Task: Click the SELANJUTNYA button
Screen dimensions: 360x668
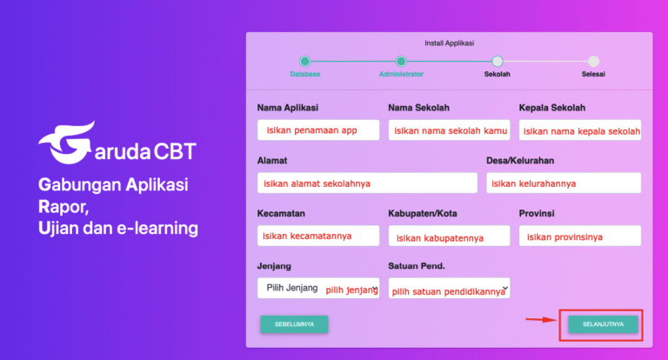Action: click(602, 324)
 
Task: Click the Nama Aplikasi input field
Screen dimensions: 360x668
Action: click(318, 130)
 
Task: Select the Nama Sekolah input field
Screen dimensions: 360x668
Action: click(449, 130)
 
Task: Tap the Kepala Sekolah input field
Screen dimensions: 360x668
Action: click(579, 130)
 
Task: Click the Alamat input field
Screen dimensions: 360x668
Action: click(367, 183)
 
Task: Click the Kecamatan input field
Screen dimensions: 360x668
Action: click(318, 236)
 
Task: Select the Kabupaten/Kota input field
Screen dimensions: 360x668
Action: click(449, 236)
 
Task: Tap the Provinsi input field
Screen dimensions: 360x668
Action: click(579, 236)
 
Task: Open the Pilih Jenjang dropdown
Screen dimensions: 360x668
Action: click(318, 289)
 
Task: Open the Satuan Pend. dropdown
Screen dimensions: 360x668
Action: click(449, 290)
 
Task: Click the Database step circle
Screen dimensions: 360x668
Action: click(304, 61)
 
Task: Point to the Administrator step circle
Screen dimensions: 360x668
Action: click(401, 61)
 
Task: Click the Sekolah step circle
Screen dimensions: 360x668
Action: click(498, 61)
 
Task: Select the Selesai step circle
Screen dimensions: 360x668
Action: click(593, 61)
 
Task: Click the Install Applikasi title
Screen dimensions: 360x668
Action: click(449, 42)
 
